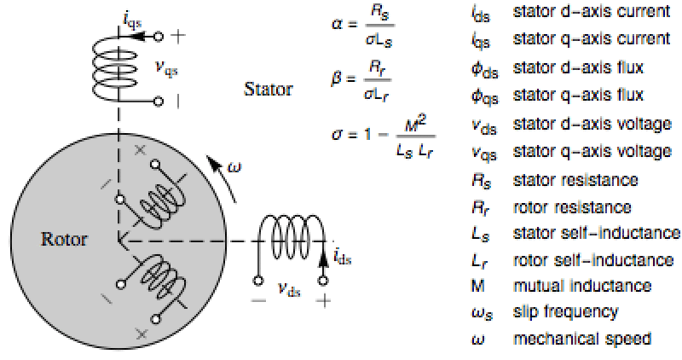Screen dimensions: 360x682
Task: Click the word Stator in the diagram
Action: pos(269,89)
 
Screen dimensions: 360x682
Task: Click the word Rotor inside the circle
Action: pos(64,240)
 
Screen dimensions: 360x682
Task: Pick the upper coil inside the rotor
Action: pos(158,201)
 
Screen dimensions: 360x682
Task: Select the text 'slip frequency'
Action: pos(565,311)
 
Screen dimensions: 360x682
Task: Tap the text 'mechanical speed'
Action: pos(582,338)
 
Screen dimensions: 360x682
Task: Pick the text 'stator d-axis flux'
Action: pos(577,67)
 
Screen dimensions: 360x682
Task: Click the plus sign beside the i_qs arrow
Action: pos(177,37)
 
